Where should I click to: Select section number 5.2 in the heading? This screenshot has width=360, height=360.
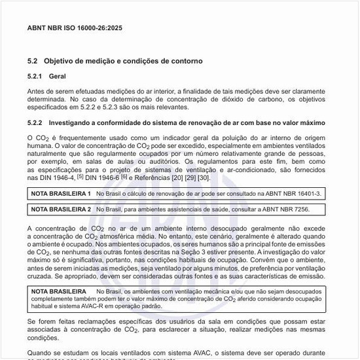33,61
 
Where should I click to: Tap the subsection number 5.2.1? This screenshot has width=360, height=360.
36,77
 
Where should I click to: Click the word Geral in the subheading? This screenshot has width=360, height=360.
57,77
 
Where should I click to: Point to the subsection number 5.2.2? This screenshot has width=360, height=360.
36,123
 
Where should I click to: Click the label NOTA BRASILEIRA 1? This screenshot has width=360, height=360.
61,194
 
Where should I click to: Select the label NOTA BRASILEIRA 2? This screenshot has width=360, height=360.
61,209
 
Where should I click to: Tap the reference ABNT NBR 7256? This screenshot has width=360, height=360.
289,209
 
